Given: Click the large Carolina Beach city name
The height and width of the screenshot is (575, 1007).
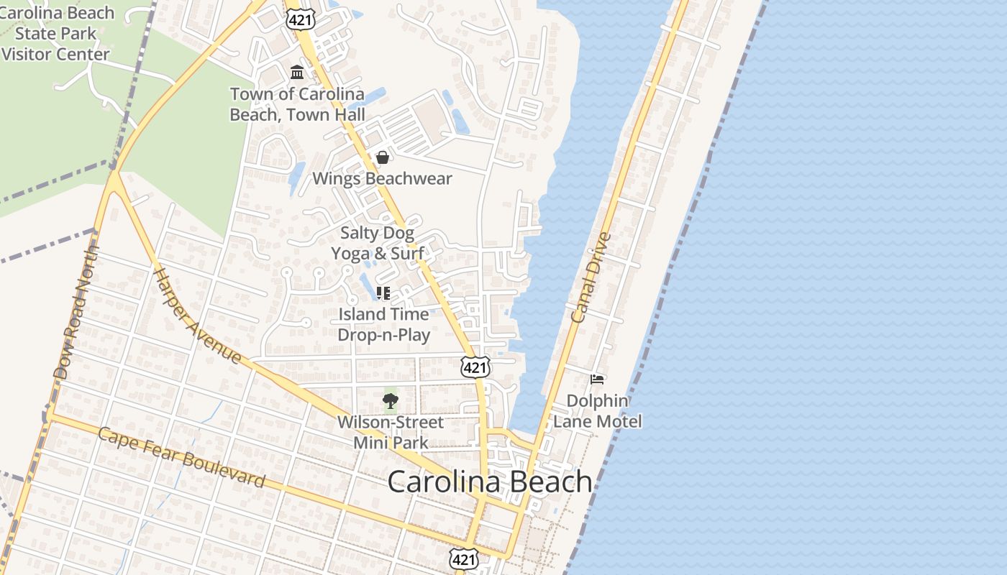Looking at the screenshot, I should click(x=489, y=482).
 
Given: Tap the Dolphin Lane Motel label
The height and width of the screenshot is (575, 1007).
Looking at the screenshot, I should click(x=597, y=411).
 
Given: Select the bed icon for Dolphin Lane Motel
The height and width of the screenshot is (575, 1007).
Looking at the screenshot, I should click(x=597, y=379).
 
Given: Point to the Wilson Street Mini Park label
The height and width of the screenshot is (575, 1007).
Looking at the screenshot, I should click(x=391, y=432).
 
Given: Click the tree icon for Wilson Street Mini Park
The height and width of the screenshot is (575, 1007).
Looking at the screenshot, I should click(x=391, y=401).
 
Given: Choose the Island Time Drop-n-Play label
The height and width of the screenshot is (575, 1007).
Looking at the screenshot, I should click(x=384, y=324).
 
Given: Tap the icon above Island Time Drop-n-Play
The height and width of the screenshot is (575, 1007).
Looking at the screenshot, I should click(x=383, y=293).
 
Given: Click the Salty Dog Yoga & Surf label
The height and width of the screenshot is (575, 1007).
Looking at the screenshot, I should click(x=377, y=243).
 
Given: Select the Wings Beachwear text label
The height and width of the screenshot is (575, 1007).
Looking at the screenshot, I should click(x=382, y=178).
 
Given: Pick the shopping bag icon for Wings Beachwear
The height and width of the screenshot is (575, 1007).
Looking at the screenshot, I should click(x=383, y=157).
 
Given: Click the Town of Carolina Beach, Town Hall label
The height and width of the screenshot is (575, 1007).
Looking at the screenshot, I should click(x=297, y=104).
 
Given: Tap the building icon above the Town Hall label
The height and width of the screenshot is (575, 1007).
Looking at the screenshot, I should click(x=297, y=72).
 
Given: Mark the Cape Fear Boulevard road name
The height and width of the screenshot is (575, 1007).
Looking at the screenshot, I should click(x=181, y=457).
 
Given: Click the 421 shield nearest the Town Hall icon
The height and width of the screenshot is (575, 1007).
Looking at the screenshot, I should click(x=299, y=19).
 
